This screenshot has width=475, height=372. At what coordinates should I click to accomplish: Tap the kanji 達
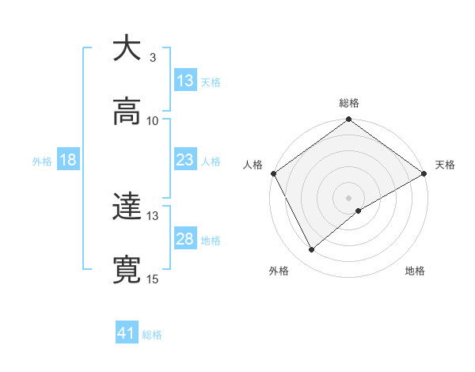click(x=127, y=208)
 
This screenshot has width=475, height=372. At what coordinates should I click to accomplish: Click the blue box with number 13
click(x=185, y=80)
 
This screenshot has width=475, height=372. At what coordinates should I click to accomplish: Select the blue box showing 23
click(x=185, y=160)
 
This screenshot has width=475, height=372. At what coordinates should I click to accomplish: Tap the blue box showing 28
click(x=185, y=239)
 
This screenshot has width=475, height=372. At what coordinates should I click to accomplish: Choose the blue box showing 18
click(x=68, y=160)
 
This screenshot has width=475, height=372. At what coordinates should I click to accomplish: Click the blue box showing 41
click(x=127, y=333)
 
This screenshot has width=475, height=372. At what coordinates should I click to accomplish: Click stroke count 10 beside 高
click(x=153, y=121)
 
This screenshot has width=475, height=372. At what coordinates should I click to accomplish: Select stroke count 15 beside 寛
click(x=153, y=279)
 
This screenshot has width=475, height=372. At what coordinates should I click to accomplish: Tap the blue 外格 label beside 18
click(x=42, y=161)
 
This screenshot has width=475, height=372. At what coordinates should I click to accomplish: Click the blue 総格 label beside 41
click(x=152, y=335)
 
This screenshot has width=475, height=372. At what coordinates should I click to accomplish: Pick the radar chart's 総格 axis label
click(x=349, y=103)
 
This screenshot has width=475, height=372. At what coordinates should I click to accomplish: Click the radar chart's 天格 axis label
click(x=445, y=165)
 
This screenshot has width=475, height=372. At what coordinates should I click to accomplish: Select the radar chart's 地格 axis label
click(x=415, y=271)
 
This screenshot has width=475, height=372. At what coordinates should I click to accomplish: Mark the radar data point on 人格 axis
click(x=273, y=173)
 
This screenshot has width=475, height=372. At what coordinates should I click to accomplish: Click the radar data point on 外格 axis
click(x=312, y=250)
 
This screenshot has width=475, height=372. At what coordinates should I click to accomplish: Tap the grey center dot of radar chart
click(x=349, y=197)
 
